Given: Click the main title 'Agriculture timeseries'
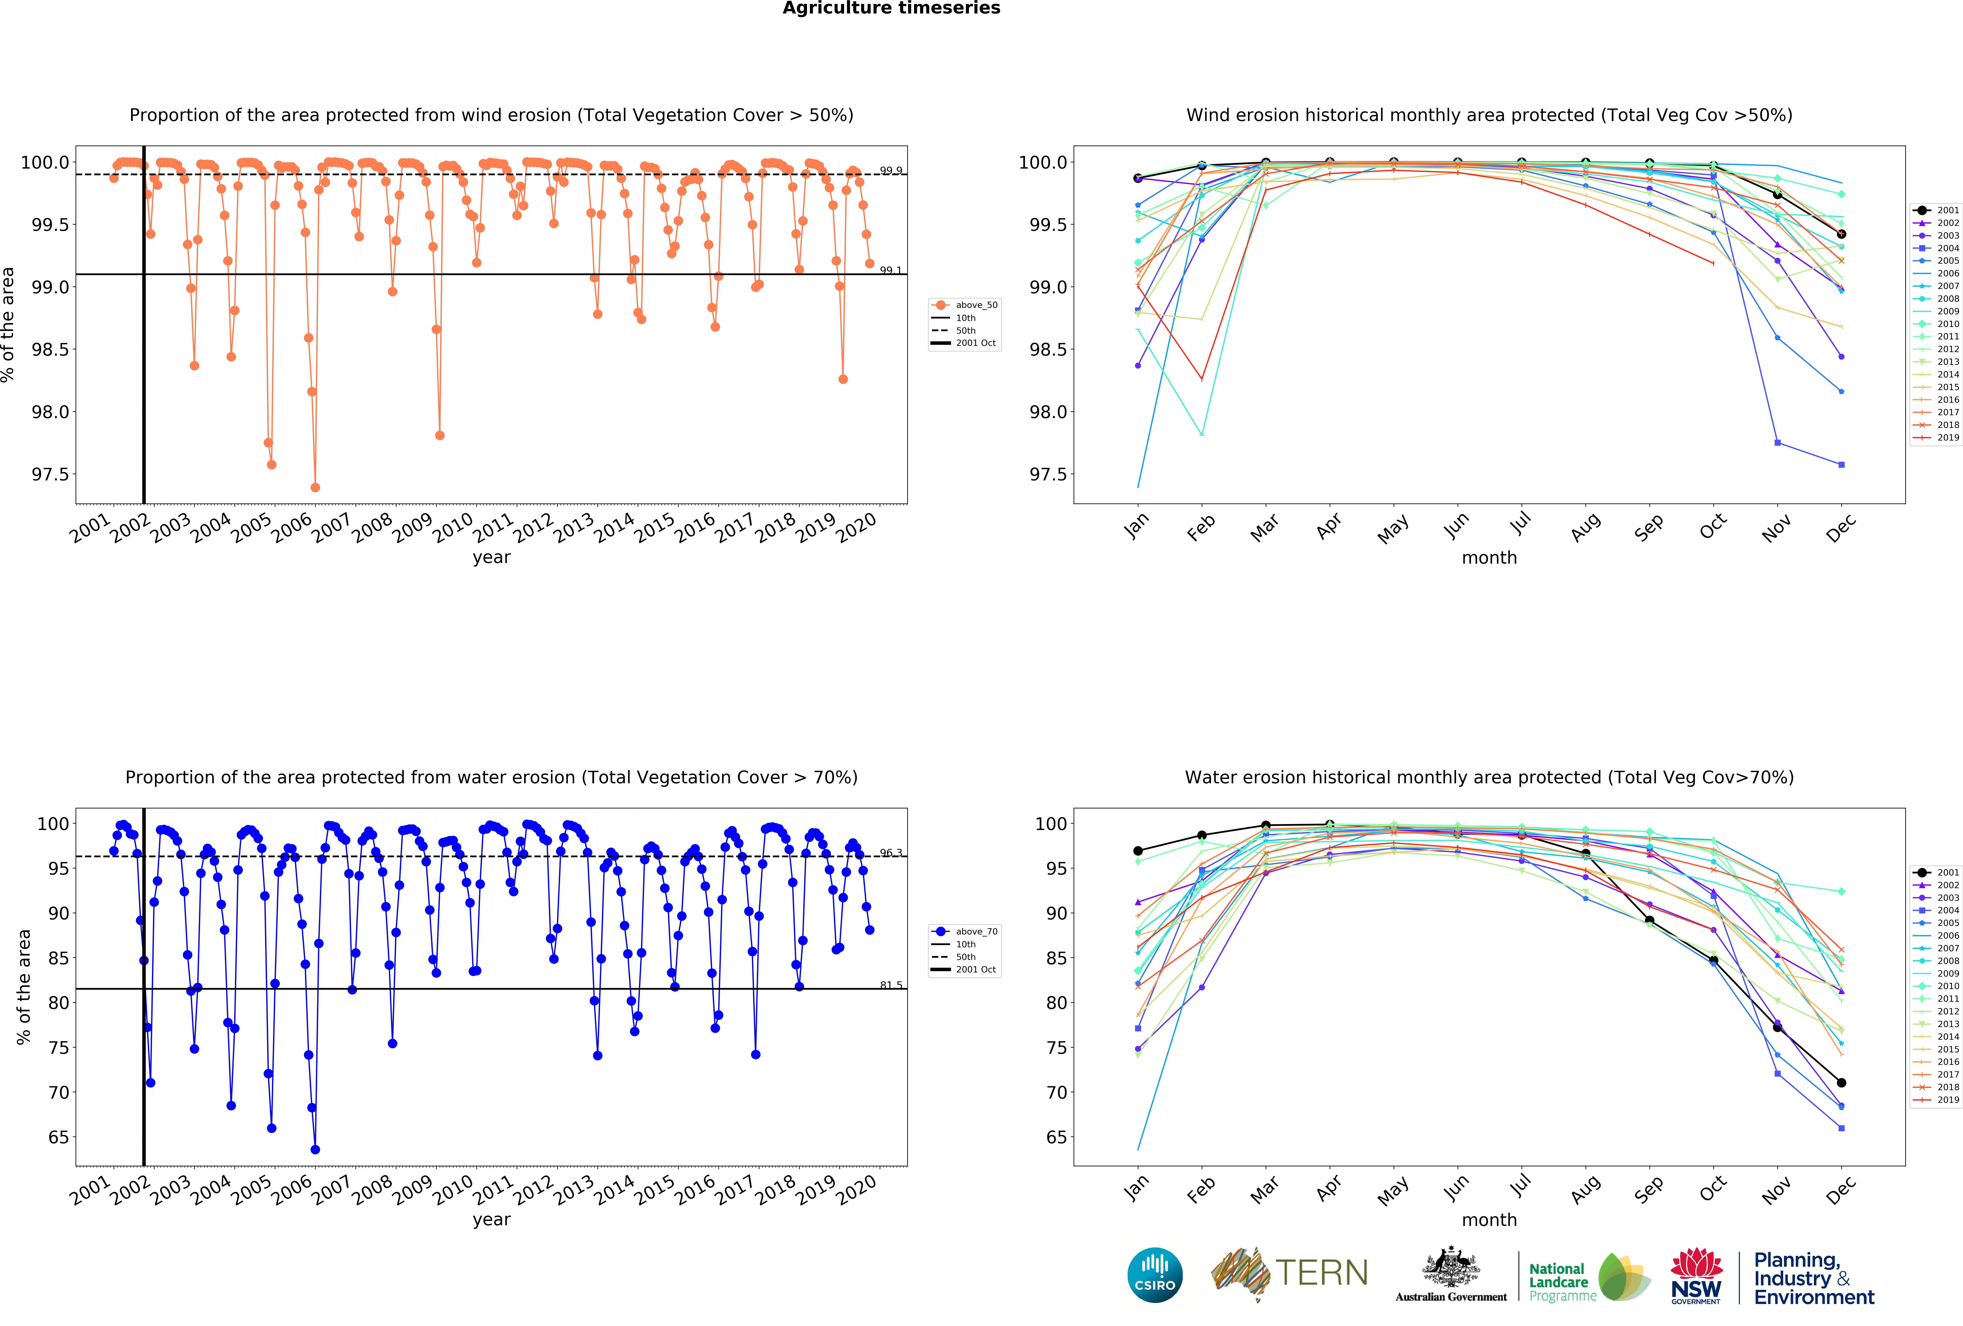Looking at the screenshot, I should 891,9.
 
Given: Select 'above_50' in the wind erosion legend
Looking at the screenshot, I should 976,305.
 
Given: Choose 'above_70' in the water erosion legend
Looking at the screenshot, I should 976,932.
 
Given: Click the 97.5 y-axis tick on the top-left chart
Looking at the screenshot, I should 51,475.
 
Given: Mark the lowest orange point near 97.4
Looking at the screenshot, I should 315,487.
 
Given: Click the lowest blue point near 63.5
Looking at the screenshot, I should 315,1150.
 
